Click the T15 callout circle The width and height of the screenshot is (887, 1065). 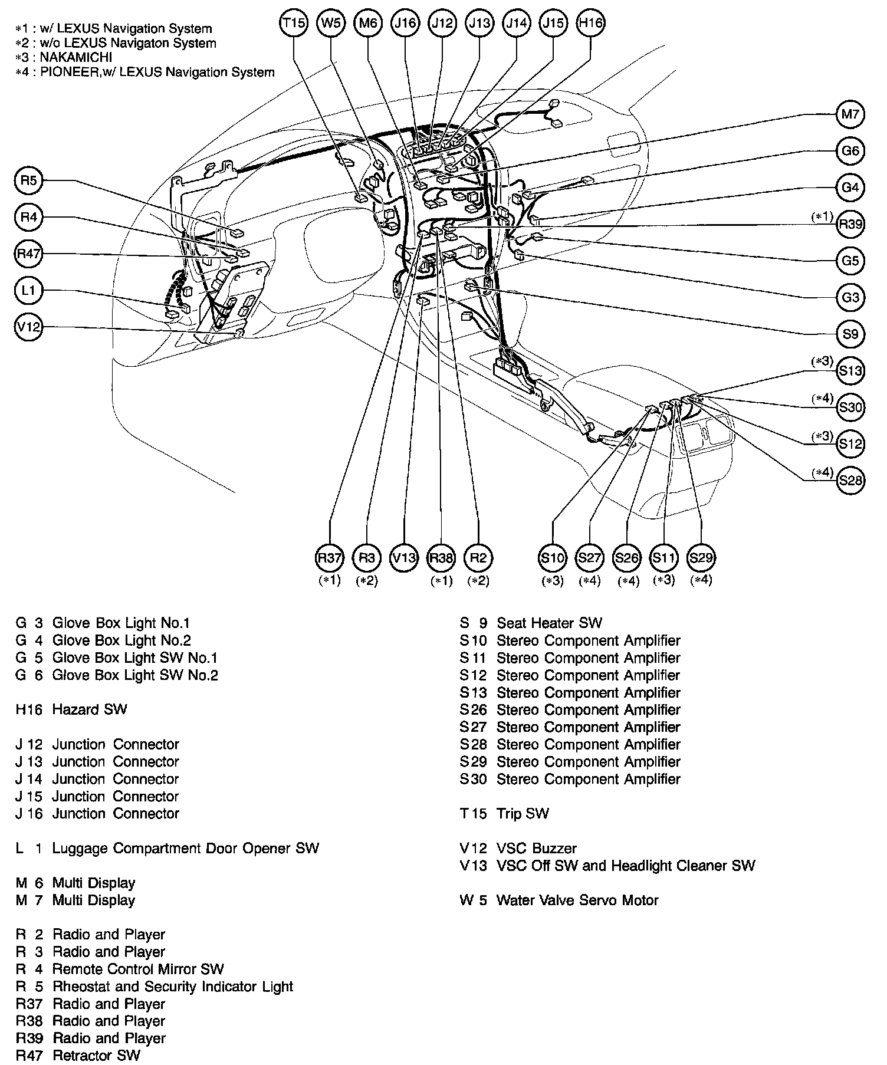pyautogui.click(x=294, y=23)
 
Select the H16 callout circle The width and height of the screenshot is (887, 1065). pyautogui.click(x=590, y=23)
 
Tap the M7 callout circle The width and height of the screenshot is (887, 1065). pyautogui.click(x=850, y=114)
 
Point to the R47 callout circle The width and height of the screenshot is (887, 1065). pyautogui.click(x=28, y=254)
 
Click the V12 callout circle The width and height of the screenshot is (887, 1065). pyautogui.click(x=28, y=327)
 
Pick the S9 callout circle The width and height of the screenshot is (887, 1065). pyautogui.click(x=850, y=334)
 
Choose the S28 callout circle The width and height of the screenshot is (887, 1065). pyautogui.click(x=850, y=481)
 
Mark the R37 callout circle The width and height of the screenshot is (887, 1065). pyautogui.click(x=330, y=558)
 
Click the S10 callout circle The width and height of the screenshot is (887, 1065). pyautogui.click(x=553, y=558)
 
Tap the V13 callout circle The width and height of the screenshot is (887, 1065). pyautogui.click(x=404, y=558)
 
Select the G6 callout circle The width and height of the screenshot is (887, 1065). pyautogui.click(x=850, y=151)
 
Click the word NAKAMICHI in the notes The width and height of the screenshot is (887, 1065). pyautogui.click(x=76, y=58)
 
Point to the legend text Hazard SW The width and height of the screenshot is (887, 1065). pyautogui.click(x=90, y=709)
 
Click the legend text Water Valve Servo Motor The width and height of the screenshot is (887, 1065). pyautogui.click(x=577, y=900)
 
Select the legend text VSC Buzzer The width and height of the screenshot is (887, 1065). pyautogui.click(x=537, y=849)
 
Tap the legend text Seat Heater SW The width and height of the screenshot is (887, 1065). pyautogui.click(x=550, y=623)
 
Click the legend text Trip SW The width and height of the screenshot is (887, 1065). pyautogui.click(x=523, y=814)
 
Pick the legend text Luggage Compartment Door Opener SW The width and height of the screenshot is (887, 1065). pyautogui.click(x=186, y=849)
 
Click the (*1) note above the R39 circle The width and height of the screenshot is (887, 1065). pyautogui.click(x=822, y=216)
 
